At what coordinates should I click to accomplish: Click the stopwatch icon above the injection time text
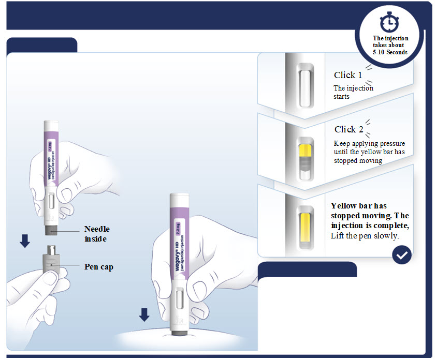coord(389,22)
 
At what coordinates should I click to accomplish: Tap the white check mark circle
coord(402,254)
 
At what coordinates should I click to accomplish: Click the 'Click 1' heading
coord(348,75)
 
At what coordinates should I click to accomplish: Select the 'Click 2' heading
coord(348,129)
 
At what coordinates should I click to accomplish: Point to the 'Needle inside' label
coord(97,234)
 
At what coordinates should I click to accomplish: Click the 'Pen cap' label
coord(99,267)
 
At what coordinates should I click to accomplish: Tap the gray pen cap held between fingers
coord(51,260)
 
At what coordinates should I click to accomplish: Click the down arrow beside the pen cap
coord(25,241)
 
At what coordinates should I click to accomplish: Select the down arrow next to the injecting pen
coord(144,314)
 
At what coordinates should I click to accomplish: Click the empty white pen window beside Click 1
coord(306,86)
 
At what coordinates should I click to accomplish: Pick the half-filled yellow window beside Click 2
coord(306,159)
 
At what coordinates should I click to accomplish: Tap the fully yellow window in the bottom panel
coord(306,228)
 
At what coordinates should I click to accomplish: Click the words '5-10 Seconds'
coord(390,52)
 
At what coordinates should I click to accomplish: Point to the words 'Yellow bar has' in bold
coord(359,206)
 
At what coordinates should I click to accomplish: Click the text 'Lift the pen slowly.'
coord(365,236)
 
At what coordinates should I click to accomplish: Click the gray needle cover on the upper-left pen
coord(51,230)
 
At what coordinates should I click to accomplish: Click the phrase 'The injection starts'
coord(353,92)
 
